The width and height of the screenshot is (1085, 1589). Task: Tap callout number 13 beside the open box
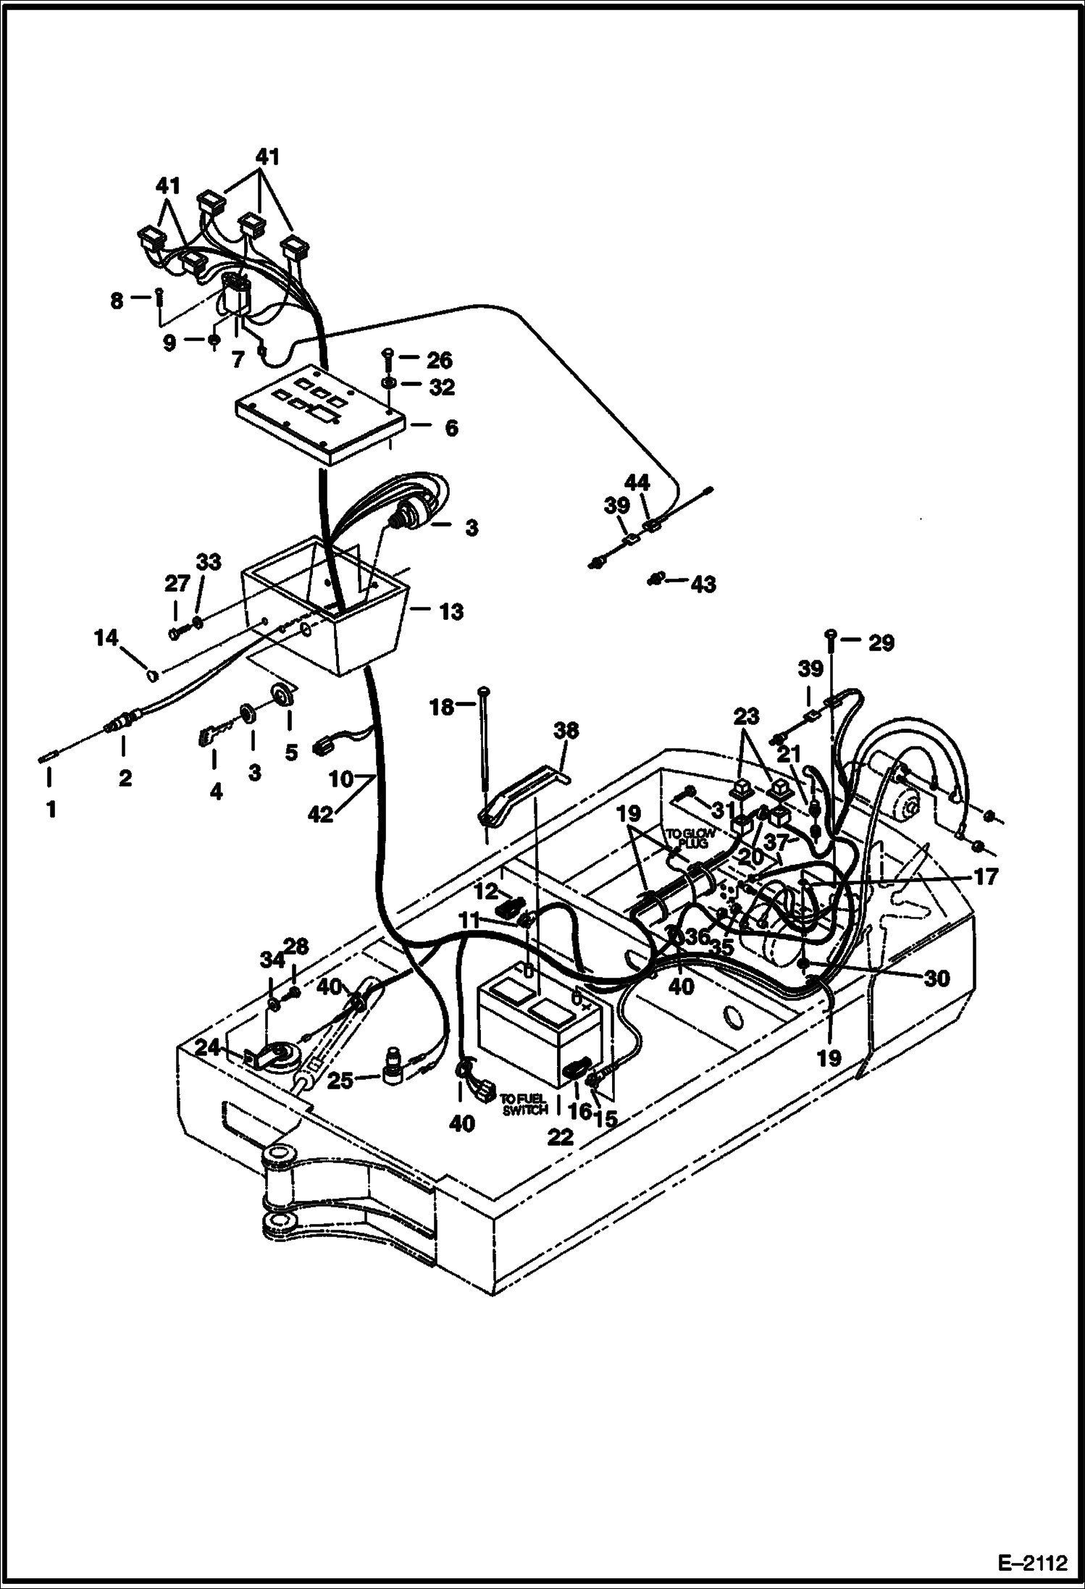click(x=451, y=612)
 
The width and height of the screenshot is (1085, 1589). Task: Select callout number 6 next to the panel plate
click(x=451, y=428)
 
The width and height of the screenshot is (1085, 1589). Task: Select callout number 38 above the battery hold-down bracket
click(x=566, y=731)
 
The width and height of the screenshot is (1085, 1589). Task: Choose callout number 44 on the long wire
click(x=637, y=483)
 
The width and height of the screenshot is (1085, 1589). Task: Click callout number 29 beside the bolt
click(x=881, y=643)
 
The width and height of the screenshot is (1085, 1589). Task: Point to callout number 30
click(x=937, y=978)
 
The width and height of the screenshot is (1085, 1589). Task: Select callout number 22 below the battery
click(x=561, y=1137)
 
